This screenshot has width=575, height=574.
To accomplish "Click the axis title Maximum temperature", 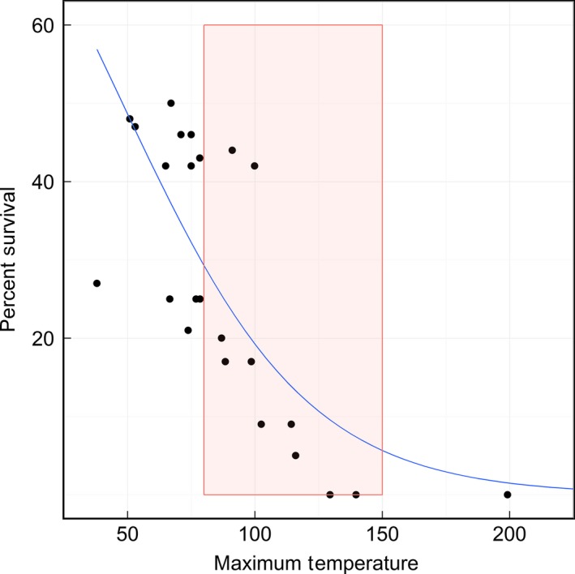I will pyautogui.click(x=319, y=562).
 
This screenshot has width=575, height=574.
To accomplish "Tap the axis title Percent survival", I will pyautogui.click(x=11, y=259).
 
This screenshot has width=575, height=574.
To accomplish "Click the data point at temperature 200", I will pyautogui.click(x=508, y=495).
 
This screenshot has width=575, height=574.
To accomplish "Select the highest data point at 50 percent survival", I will pyautogui.click(x=171, y=103).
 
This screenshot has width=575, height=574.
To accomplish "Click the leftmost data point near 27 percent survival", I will pyautogui.click(x=97, y=283).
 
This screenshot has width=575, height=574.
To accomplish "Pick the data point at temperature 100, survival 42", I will pyautogui.click(x=255, y=165).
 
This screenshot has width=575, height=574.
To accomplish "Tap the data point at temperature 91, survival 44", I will pyautogui.click(x=232, y=150).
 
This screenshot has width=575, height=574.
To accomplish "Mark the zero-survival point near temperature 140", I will pyautogui.click(x=356, y=495).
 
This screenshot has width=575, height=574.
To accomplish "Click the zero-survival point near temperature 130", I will pyautogui.click(x=330, y=495).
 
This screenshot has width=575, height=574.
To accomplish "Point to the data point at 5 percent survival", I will pyautogui.click(x=296, y=456).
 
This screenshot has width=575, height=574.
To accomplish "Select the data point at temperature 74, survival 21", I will pyautogui.click(x=188, y=330).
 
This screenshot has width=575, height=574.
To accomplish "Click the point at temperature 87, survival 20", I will pyautogui.click(x=221, y=338).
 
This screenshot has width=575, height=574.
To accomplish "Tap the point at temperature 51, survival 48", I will pyautogui.click(x=130, y=118).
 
